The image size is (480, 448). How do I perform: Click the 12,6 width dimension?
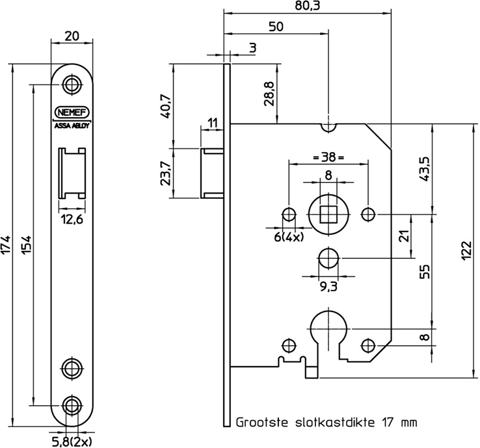72,219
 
